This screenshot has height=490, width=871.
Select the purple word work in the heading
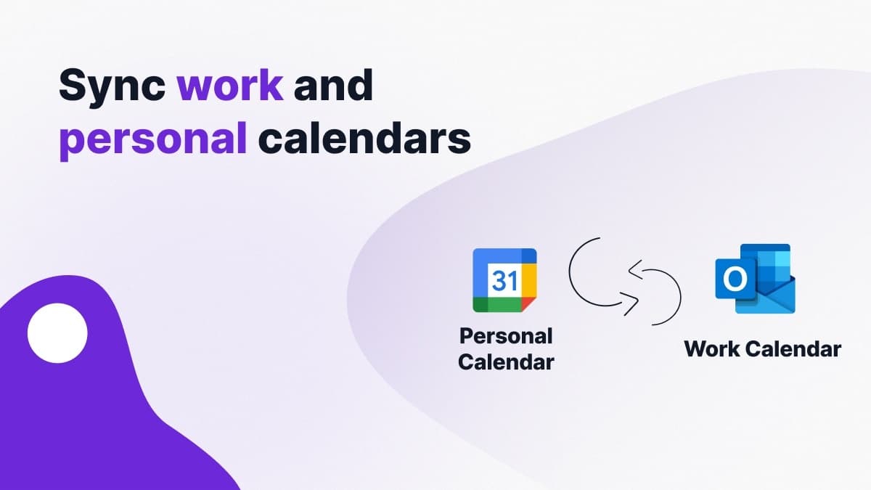click(x=230, y=85)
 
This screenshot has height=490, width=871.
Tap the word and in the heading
click(x=333, y=85)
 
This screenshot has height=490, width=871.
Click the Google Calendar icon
click(x=504, y=280)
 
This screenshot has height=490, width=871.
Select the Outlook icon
click(x=755, y=279)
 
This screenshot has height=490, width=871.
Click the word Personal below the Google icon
click(x=505, y=337)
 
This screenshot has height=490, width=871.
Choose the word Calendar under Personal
click(x=505, y=361)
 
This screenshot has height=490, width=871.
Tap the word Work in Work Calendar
click(x=714, y=348)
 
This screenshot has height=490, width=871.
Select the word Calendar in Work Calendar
click(x=796, y=348)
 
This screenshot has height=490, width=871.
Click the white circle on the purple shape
click(x=57, y=333)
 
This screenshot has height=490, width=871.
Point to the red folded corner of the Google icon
click(x=530, y=306)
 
